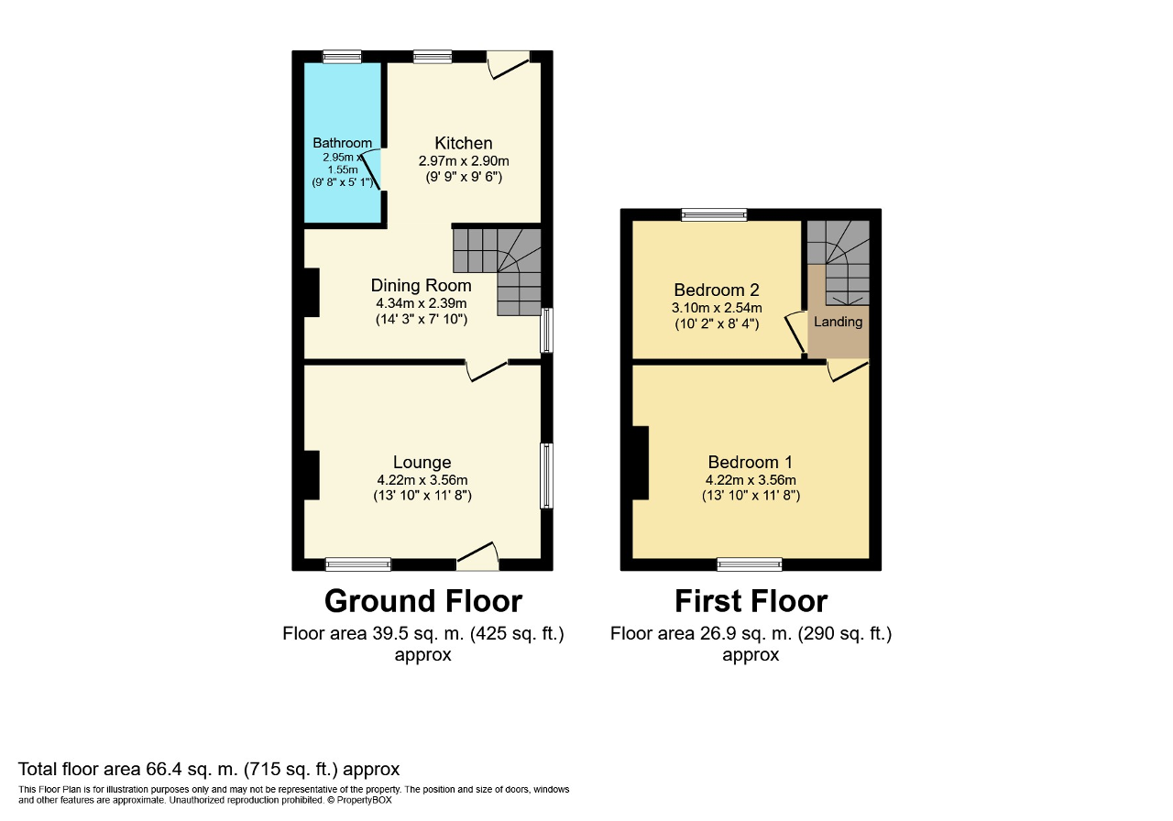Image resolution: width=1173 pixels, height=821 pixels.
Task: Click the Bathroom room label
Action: [342, 143]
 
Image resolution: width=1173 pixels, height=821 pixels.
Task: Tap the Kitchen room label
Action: [464, 143]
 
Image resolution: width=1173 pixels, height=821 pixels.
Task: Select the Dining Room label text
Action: [421, 285]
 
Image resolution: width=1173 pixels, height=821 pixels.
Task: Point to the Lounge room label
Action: [422, 462]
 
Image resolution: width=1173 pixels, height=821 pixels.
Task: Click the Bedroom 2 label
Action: [717, 290]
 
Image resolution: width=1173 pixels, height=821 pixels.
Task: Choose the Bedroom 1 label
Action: [751, 462]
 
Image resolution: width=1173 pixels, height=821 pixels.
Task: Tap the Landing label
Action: [838, 322]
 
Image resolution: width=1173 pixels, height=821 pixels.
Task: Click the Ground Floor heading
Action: [423, 601]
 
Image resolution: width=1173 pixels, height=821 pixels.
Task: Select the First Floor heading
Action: [751, 601]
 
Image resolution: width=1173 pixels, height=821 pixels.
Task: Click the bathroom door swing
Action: [371, 169]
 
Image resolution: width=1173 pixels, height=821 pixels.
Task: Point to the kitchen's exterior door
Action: [508, 65]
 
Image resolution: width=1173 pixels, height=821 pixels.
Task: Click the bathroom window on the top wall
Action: [342, 57]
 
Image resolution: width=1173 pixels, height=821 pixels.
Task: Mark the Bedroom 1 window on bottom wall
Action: [750, 564]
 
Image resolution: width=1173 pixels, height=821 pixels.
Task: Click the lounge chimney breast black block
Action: [312, 475]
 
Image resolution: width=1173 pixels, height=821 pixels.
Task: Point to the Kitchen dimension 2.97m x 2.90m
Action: [464, 160]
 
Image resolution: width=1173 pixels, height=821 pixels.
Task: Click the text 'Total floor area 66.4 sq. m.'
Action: [129, 769]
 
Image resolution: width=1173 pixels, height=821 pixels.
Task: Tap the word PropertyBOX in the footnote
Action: [364, 800]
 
